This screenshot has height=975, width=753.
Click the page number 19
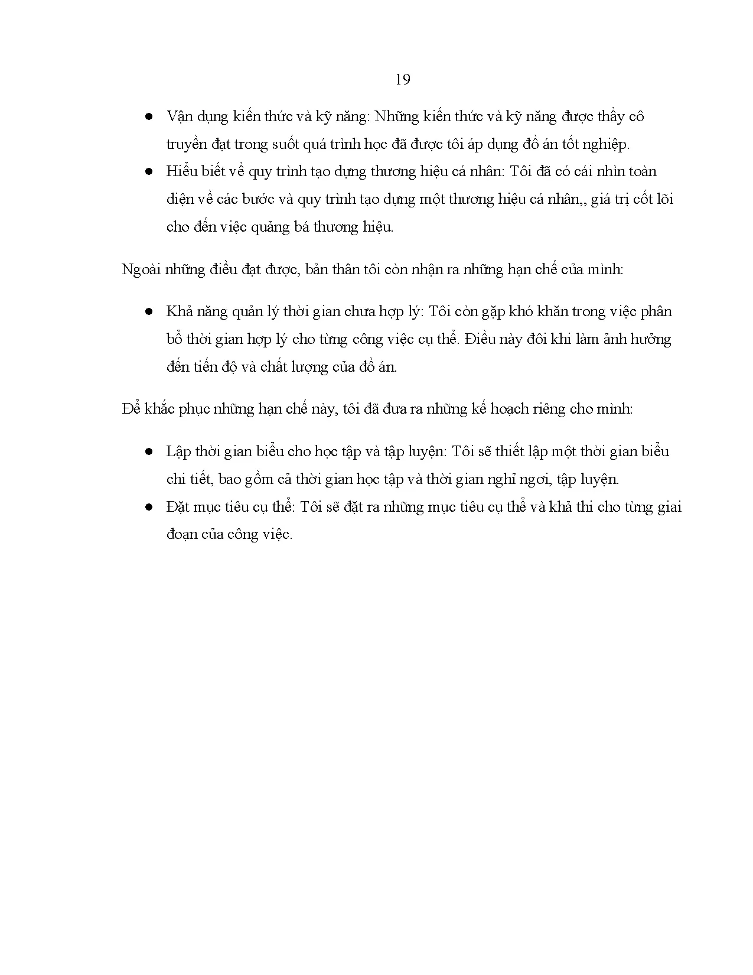click(402, 80)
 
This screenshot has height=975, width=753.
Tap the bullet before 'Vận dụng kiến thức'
click(149, 116)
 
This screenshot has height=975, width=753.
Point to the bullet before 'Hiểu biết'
click(149, 172)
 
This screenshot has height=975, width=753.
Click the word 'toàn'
click(640, 171)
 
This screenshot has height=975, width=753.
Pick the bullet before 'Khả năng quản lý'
click(149, 312)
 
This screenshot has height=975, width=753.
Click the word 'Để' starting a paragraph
click(131, 409)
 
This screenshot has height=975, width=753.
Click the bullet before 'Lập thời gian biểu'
click(149, 452)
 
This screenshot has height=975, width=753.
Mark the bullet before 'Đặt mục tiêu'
click(149, 508)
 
